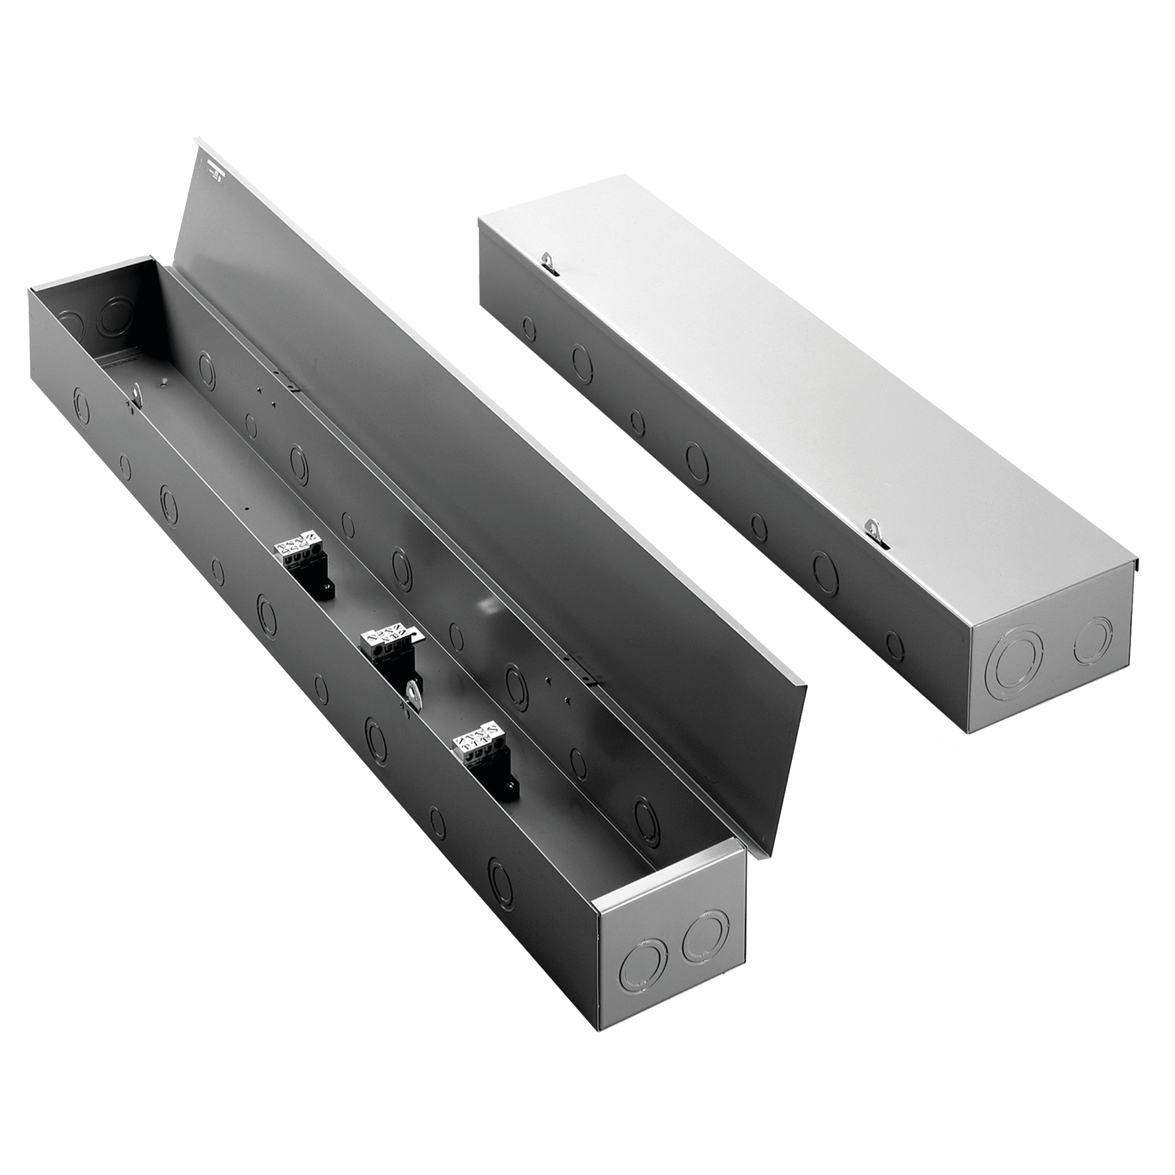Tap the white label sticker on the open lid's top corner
[213, 182]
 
